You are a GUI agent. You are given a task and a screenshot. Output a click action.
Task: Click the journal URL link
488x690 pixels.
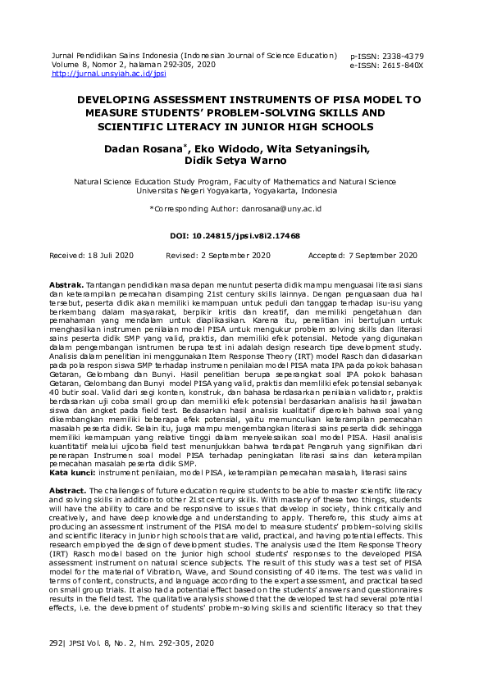(109, 73)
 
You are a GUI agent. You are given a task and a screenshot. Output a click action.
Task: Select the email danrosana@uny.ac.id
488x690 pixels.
(280, 209)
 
